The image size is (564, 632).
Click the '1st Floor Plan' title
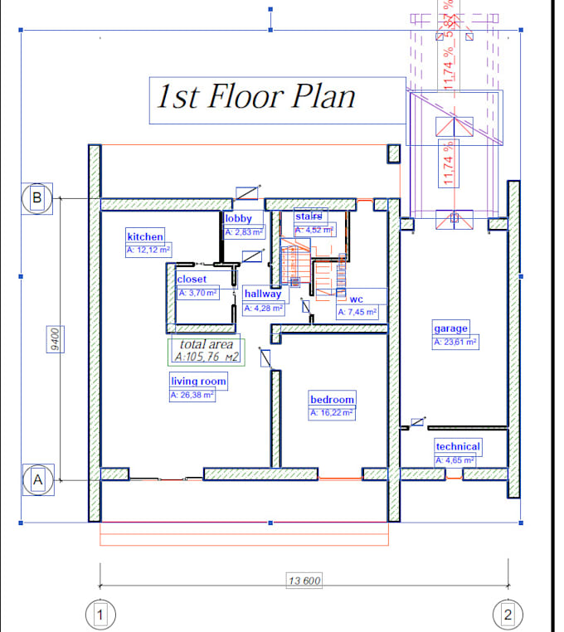coord(256,97)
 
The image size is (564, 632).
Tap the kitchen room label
coord(145,236)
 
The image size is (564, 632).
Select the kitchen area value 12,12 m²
coord(148,249)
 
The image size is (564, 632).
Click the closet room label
coord(192,280)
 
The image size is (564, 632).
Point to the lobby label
coord(238,219)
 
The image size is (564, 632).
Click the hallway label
coord(262,294)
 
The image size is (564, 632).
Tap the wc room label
coord(357,299)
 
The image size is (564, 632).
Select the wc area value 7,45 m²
coord(357,313)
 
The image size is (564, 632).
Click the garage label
coord(450,328)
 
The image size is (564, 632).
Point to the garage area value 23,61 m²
coord(455,342)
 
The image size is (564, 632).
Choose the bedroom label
coord(332,399)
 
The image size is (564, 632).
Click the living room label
coord(197,382)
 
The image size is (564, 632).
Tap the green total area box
coord(206,352)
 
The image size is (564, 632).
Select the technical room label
coord(458,446)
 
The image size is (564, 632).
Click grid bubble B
coord(36,198)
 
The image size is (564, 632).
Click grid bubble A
coord(36,479)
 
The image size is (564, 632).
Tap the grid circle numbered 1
coord(99,615)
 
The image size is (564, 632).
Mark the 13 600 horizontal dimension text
coord(304,581)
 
